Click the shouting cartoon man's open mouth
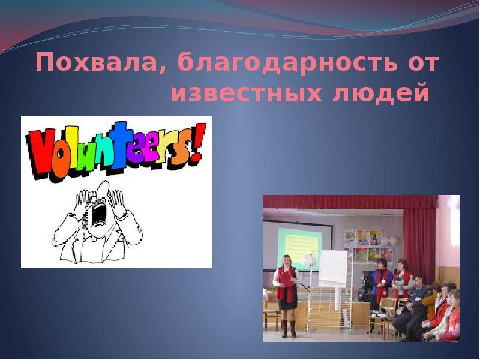point(98,210)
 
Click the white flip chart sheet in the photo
point(333,268)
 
